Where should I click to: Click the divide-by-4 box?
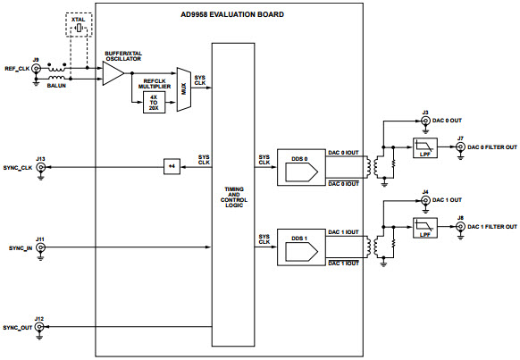pos(172,167)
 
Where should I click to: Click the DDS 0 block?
pos(298,166)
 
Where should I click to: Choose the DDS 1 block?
pos(298,244)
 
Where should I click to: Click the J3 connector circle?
pos(425,121)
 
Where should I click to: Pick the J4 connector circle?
pos(425,200)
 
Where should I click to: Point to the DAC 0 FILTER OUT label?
pos(491,148)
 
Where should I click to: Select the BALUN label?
pos(57,87)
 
